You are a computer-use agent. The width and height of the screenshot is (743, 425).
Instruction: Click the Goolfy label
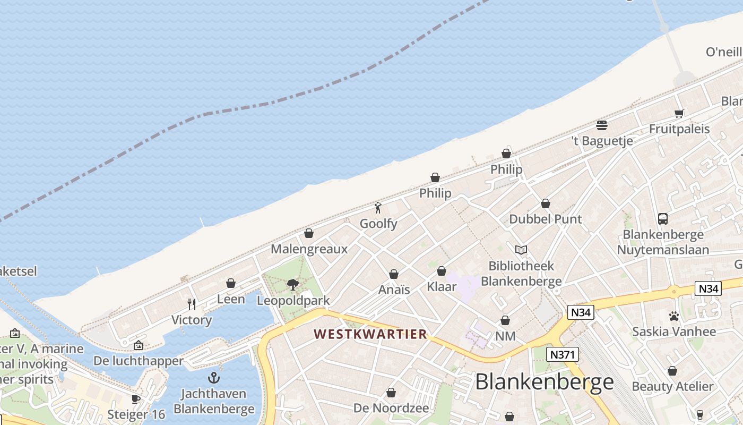[378, 224]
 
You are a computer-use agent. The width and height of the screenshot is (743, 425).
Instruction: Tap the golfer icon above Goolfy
[378, 208]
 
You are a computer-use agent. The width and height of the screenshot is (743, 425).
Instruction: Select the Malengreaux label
[309, 249]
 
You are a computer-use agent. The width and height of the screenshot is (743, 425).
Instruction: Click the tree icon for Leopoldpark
[292, 284]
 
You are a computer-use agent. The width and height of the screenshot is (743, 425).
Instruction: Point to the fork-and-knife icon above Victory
[192, 304]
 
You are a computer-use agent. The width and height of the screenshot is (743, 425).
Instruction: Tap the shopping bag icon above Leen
[231, 283]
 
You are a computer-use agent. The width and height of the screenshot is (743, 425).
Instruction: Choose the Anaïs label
[394, 290]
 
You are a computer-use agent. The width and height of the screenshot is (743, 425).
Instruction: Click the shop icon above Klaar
[442, 271]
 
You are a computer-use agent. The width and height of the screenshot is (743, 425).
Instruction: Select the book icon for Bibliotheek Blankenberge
[521, 250]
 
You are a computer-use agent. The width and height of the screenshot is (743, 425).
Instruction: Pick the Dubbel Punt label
[545, 219]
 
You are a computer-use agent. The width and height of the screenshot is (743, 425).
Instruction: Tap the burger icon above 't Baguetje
[601, 125]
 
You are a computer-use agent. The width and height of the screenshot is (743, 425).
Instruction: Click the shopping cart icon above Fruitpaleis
[679, 113]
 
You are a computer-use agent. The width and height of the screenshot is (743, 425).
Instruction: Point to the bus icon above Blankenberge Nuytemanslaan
[662, 218]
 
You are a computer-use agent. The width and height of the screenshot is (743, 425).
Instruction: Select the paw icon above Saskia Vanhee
[674, 317]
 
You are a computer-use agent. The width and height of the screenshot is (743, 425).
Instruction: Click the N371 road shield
[563, 354]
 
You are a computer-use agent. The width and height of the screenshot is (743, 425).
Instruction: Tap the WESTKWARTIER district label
[370, 334]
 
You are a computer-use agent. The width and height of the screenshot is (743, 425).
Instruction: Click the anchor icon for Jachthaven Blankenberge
[214, 378]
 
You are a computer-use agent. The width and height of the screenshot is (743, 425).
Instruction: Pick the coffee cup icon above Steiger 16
[136, 399]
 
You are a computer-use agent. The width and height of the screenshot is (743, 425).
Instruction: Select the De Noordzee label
[391, 408]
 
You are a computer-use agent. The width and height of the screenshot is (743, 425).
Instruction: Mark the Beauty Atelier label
[672, 386]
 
